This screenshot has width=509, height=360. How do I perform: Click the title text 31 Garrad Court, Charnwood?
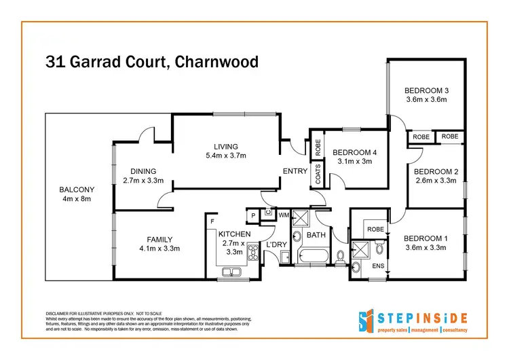point(151,62)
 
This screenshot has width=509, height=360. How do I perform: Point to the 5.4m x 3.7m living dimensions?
point(225,156)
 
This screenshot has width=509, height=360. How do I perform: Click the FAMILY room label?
point(159,239)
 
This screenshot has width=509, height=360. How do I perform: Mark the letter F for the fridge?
point(212,221)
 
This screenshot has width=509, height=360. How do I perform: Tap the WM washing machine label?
point(283,215)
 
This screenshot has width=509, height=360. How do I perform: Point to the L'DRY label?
point(276,244)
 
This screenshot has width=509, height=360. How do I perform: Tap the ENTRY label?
point(295,171)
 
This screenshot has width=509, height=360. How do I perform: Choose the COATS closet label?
point(317,173)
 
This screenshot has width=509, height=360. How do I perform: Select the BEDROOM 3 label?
point(427,90)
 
